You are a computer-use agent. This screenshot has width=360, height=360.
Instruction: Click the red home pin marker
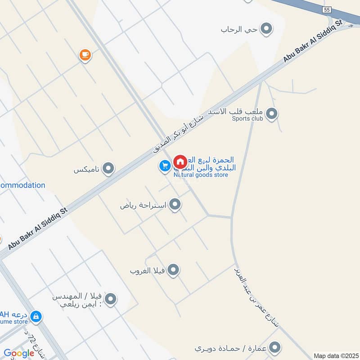click(x=180, y=162)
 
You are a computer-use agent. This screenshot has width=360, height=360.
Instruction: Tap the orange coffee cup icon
click(x=85, y=55)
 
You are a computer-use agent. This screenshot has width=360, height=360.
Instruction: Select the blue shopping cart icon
click(x=164, y=166)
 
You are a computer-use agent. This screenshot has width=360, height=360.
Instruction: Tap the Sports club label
click(x=247, y=119)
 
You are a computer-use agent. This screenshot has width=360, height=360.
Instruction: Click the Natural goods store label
click(x=201, y=175)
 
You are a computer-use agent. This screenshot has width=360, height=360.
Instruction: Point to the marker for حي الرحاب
click(x=267, y=29)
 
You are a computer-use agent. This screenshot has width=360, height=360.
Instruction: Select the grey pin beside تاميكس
click(x=108, y=169)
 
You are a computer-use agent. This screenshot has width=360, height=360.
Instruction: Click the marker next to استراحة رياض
click(x=175, y=205)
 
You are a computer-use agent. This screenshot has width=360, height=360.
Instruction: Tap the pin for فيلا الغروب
click(x=173, y=270)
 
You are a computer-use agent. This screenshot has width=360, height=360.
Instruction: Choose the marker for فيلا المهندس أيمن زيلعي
click(x=110, y=299)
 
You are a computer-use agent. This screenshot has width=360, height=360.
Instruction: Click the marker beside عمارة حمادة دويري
click(x=275, y=348)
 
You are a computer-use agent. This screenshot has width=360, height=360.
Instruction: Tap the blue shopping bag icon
click(x=37, y=317)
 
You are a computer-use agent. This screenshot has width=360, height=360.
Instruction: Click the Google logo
click(x=19, y=353)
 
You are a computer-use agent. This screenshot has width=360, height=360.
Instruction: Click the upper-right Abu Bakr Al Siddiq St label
click(x=313, y=41)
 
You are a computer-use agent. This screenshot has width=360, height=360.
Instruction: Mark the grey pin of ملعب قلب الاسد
click(x=271, y=114)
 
